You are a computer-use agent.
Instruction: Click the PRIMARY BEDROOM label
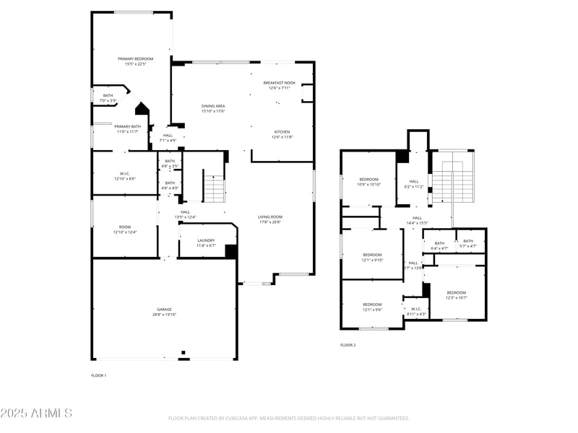coord(132,61)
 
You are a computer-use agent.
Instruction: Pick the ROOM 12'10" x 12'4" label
coord(125,229)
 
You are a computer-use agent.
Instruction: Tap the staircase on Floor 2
coord(452,184)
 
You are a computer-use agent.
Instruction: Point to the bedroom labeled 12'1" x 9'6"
coord(372,307)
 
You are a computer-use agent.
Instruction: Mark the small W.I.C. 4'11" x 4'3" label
coord(416,311)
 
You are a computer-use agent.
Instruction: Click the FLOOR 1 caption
coord(98,375)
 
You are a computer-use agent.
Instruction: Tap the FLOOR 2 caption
coord(348,345)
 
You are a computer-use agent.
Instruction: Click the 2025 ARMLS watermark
coord(36,414)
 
